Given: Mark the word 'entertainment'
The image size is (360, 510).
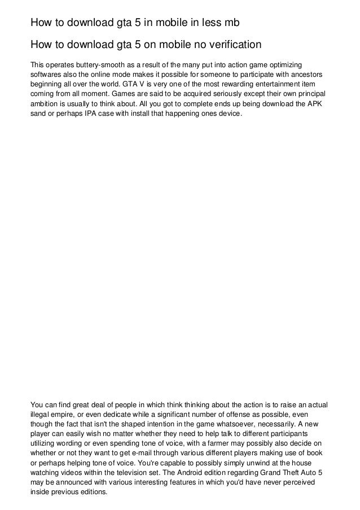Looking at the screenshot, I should [x=272, y=85].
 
